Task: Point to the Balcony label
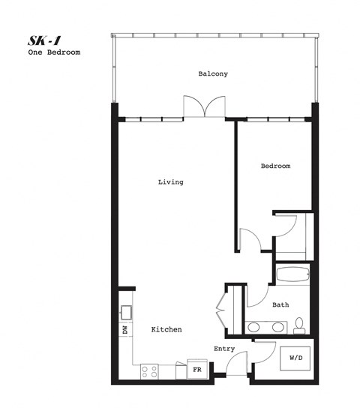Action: (x=213, y=74)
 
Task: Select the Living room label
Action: (x=170, y=181)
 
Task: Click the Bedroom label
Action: (x=275, y=166)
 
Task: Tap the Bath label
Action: (x=280, y=304)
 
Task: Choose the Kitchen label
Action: (x=166, y=330)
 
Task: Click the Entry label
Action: (x=224, y=349)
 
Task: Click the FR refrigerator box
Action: (x=197, y=369)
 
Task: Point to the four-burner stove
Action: (x=149, y=370)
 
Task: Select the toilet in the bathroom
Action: (x=298, y=325)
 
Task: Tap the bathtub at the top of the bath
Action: (x=292, y=274)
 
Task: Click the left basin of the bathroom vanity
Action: (x=255, y=327)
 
